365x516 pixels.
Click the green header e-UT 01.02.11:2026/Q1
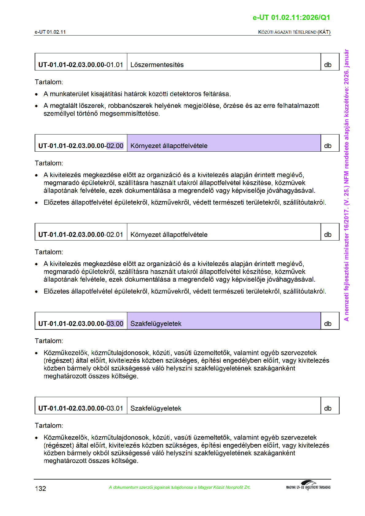tap(291, 17)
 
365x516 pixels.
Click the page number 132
tap(40, 488)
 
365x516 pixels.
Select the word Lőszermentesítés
tap(157, 65)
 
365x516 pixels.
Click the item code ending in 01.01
tap(81, 65)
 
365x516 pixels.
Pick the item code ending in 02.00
tap(81, 146)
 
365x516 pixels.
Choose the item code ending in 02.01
tap(81, 234)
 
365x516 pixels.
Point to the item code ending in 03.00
tap(81, 324)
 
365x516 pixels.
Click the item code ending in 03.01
tap(81, 408)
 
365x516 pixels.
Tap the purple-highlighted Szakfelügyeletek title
tap(156, 324)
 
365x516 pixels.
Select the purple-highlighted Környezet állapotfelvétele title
tap(169, 146)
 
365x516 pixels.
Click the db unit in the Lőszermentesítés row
tap(328, 65)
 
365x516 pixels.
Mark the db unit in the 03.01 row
tap(328, 408)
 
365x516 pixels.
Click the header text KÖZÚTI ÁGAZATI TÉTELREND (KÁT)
tap(294, 32)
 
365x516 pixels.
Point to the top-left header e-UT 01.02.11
tap(50, 32)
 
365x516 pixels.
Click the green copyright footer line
tap(179, 487)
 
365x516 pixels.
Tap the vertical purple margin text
tap(346, 185)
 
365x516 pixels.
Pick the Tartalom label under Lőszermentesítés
tap(49, 82)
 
